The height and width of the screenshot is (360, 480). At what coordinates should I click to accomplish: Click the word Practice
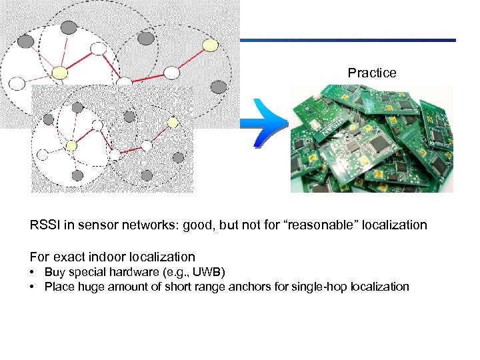[372, 73]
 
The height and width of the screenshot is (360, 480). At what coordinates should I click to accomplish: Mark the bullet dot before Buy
[33, 272]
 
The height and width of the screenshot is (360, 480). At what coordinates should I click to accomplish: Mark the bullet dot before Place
[33, 287]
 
